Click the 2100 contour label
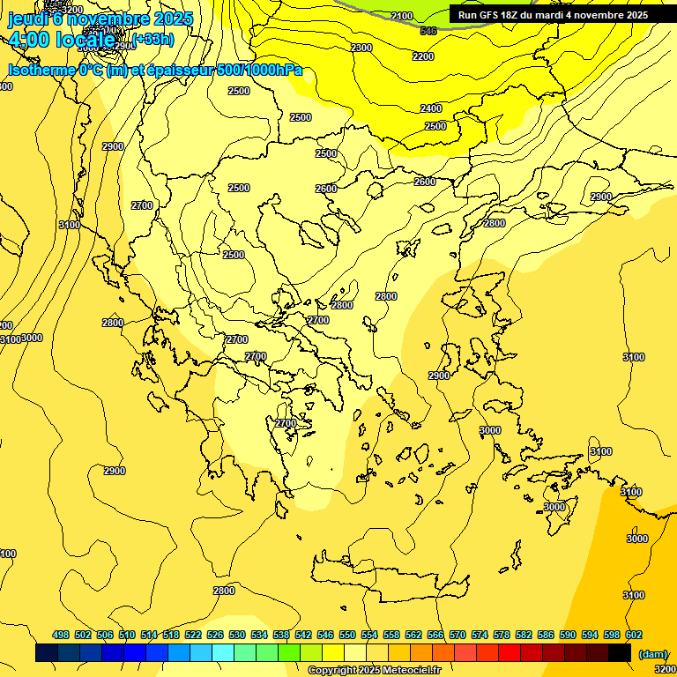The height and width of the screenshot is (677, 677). pyautogui.click(x=401, y=16)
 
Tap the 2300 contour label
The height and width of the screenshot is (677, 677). pyautogui.click(x=361, y=48)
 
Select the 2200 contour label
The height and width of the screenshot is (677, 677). pyautogui.click(x=423, y=56)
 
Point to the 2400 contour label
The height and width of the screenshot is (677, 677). pyautogui.click(x=431, y=108)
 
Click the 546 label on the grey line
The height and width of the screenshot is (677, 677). pyautogui.click(x=428, y=32)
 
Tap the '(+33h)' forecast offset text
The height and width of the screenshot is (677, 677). pyautogui.click(x=153, y=39)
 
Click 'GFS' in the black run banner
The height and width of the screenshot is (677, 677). pyautogui.click(x=488, y=15)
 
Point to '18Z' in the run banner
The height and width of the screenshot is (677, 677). pyautogui.click(x=512, y=15)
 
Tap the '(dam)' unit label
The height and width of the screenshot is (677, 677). pyautogui.click(x=652, y=653)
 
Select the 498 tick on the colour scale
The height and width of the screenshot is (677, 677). pyautogui.click(x=61, y=636)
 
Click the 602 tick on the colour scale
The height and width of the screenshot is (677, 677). pyautogui.click(x=634, y=636)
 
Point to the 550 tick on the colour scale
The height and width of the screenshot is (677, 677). pyautogui.click(x=347, y=636)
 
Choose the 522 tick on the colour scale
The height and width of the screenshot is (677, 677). pyautogui.click(x=193, y=636)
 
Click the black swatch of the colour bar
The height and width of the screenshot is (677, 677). pyautogui.click(x=620, y=653)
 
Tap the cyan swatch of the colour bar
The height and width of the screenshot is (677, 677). pyautogui.click(x=223, y=653)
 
